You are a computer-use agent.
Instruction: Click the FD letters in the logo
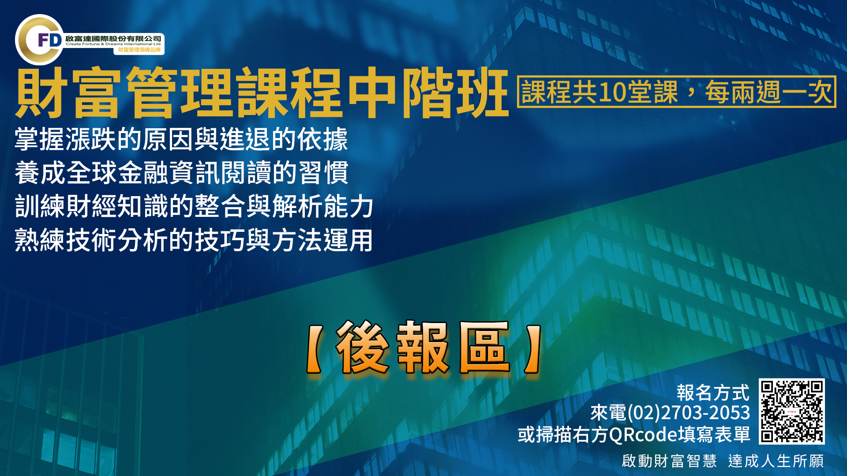(49, 40)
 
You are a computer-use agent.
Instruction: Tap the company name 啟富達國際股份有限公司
(113, 38)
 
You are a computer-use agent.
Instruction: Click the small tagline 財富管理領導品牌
(139, 50)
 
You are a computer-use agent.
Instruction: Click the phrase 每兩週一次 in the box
(768, 92)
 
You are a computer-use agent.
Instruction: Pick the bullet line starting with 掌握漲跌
(181, 139)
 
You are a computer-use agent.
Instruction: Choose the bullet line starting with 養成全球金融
(181, 172)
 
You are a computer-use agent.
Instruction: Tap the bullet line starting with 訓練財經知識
(194, 206)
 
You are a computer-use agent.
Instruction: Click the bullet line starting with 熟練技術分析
(194, 240)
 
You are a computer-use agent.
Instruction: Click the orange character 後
(363, 347)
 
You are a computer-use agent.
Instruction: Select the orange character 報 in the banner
(423, 347)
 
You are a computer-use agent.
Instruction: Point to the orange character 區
(484, 347)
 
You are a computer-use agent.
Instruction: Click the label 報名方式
(713, 392)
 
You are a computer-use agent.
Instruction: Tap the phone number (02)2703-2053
(688, 413)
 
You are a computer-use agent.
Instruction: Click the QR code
(792, 411)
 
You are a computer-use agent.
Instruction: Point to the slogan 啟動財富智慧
(669, 461)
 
